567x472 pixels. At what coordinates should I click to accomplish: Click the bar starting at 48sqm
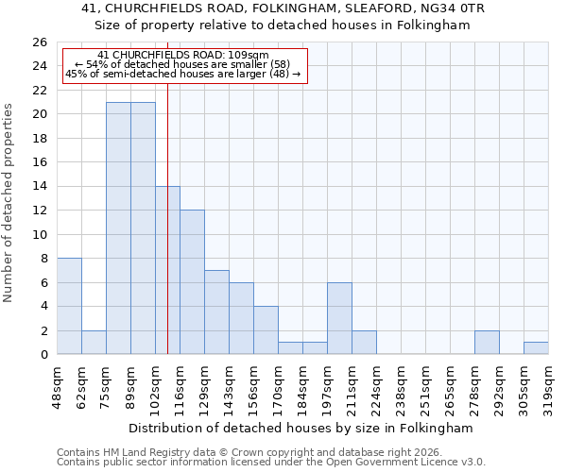(69, 306)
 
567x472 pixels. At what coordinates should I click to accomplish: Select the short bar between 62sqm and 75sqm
(94, 343)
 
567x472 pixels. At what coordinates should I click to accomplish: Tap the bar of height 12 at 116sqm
(192, 282)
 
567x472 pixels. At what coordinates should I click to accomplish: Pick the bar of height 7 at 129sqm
(216, 312)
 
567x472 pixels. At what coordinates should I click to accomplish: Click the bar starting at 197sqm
(339, 318)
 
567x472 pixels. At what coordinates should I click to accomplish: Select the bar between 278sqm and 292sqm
(487, 343)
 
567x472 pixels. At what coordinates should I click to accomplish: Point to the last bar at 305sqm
(536, 348)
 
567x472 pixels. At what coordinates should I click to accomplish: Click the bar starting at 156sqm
(266, 330)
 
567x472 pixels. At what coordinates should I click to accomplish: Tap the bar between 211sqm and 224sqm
(364, 343)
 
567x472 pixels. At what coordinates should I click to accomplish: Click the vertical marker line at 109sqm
(167, 236)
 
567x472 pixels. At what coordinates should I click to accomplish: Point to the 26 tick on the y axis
(39, 42)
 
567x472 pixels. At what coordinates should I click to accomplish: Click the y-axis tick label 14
(39, 187)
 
